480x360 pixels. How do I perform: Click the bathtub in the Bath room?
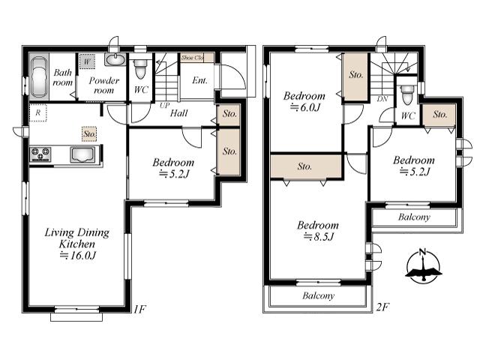pos(39,77)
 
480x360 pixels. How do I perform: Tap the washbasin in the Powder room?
pos(115,59)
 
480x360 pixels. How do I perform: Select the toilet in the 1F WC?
pos(140,69)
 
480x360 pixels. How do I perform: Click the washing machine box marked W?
pos(87,61)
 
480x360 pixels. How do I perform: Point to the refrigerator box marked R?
pos(38,113)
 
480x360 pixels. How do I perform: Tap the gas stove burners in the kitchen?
pos(40,154)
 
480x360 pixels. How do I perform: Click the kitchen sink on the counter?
pos(82,154)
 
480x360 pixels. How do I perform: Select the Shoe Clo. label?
pos(192,58)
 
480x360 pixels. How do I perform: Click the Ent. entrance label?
pos(200,80)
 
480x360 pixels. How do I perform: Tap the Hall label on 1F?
pos(178,113)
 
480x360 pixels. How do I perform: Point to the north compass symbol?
pos(423,266)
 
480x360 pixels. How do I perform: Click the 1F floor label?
pos(139,309)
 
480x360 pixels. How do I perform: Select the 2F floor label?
pos(382,307)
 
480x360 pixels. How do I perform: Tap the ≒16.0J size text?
pos(77,255)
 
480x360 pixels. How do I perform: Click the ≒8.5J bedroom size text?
pos(318,237)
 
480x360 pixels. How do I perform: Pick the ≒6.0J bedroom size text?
pos(305,107)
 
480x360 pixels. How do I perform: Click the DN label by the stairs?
pos(382,99)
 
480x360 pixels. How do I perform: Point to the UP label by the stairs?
pos(164,105)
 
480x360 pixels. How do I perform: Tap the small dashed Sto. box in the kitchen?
pos(90,133)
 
